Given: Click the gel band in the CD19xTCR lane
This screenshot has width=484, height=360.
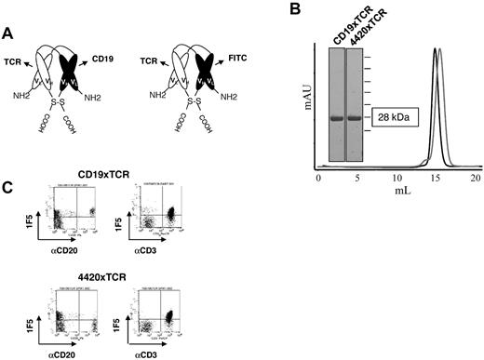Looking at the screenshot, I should point(342,119).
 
